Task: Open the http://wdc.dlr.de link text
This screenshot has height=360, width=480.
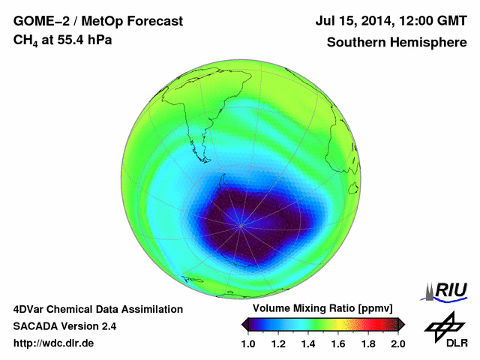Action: tap(54, 343)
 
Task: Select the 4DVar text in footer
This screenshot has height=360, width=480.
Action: tap(32, 309)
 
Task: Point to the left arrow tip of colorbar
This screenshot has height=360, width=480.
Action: tap(244, 324)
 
